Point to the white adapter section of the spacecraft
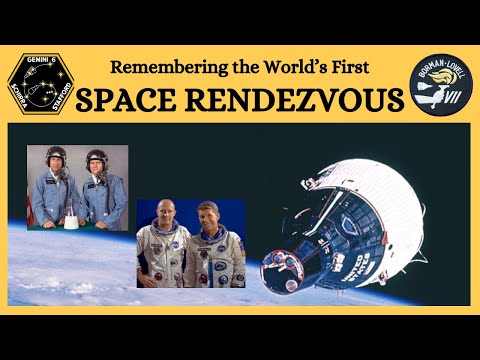[x=395, y=190]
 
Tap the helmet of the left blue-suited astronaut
[x=55, y=156]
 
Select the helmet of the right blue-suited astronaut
[x=98, y=158]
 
